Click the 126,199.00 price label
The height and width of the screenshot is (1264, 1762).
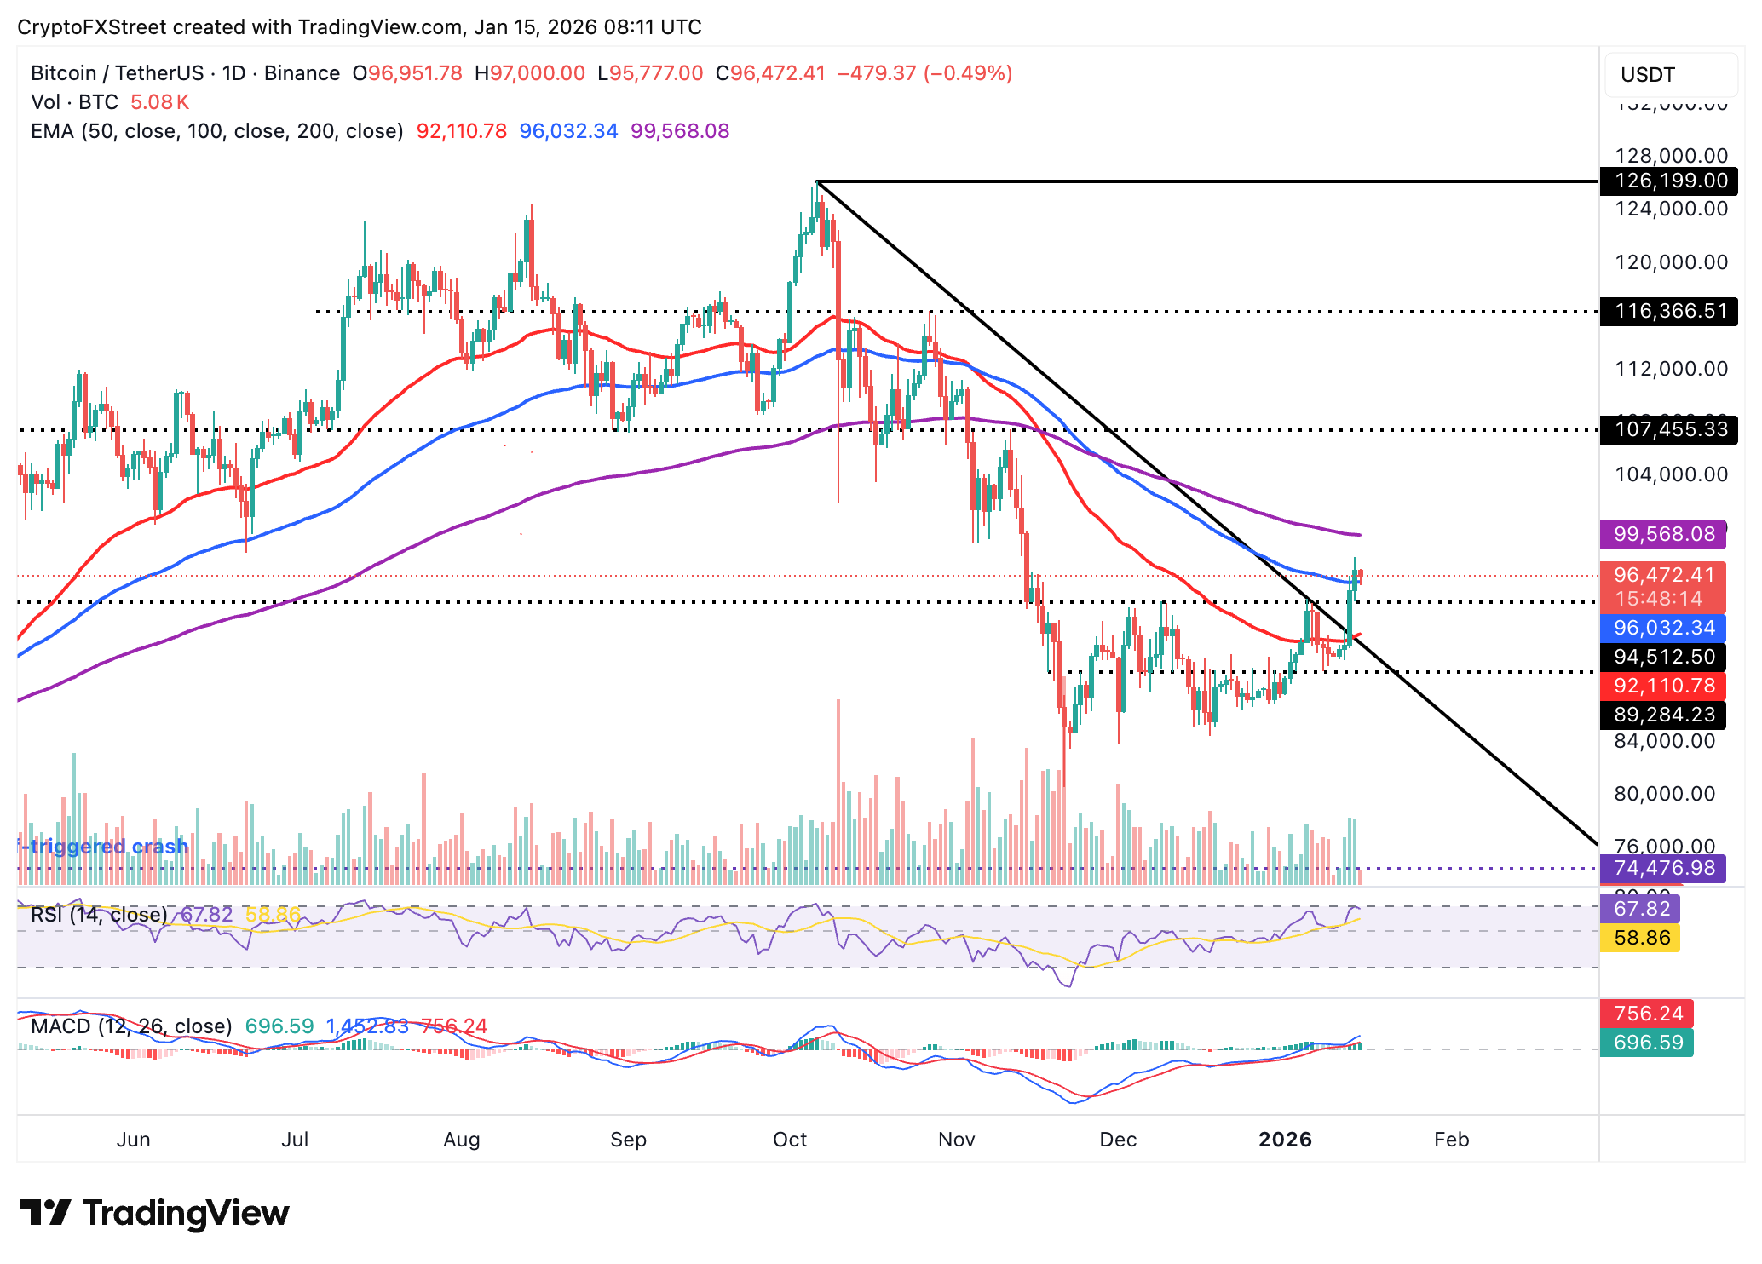[1670, 181]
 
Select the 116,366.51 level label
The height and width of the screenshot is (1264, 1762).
[1670, 311]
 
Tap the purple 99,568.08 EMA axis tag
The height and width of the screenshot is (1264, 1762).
[1663, 534]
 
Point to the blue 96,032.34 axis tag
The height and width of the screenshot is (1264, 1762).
[1663, 628]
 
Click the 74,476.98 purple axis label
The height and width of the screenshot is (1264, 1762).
[1663, 868]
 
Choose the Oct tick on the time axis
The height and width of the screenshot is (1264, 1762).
[789, 1140]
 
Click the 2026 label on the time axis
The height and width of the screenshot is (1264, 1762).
[1285, 1140]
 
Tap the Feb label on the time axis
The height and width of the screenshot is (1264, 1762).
[1451, 1140]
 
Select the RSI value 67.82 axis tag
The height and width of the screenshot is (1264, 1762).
[1641, 909]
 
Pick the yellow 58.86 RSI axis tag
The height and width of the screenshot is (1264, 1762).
[1641, 938]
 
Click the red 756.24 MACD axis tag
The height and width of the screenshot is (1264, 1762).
[1648, 1014]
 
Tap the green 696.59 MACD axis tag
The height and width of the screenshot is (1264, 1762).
[1648, 1043]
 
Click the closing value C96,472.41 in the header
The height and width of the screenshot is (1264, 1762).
[770, 73]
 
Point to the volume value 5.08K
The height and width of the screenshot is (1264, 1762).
[159, 102]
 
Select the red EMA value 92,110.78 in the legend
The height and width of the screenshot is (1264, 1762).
[461, 131]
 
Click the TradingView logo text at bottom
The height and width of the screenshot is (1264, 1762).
[155, 1213]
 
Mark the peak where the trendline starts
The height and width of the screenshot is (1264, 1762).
[817, 182]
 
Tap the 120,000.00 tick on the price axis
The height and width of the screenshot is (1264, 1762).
[1670, 262]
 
